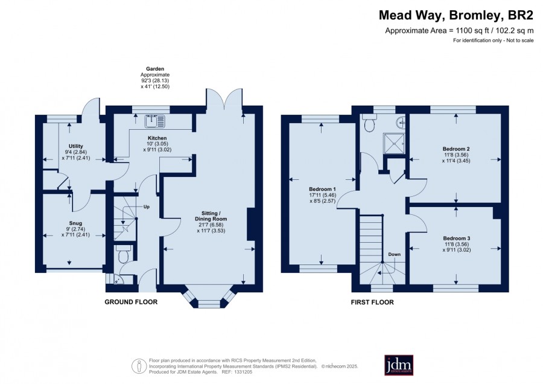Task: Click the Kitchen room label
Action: point(157,138)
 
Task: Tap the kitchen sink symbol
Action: point(156,121)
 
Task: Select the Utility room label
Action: point(76,146)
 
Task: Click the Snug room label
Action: point(75,223)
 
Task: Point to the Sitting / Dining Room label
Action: point(211,216)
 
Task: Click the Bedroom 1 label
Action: point(322,189)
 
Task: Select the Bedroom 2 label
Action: point(456,149)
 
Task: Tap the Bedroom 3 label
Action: point(457,238)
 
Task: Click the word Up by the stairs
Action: point(147,207)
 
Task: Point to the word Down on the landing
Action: point(394,254)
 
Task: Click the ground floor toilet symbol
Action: point(123,254)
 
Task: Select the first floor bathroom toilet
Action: point(369,123)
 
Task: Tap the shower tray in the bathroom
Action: point(394,144)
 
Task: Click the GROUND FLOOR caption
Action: point(131,302)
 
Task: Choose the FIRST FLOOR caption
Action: point(372,302)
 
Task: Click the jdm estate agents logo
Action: point(399,365)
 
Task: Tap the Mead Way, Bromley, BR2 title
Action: point(456,15)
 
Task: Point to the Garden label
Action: point(155,69)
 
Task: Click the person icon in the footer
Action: point(139,366)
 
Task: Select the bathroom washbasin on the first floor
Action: point(401,121)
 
